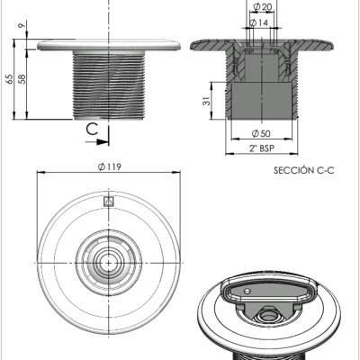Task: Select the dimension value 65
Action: point(9,78)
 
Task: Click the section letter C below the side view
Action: point(91,128)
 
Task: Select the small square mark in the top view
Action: point(109,202)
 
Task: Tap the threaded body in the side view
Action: point(109,85)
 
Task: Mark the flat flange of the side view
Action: point(109,43)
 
